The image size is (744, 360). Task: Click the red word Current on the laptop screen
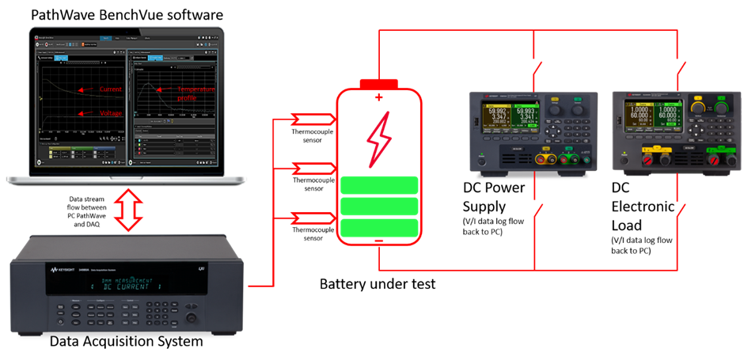(111, 89)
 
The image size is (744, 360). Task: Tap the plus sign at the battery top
(378, 97)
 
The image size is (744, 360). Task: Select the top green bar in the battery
(379, 185)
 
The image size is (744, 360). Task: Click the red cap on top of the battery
(378, 83)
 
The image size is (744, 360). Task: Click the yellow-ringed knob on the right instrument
(698, 106)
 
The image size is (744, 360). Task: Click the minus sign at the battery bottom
(378, 239)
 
